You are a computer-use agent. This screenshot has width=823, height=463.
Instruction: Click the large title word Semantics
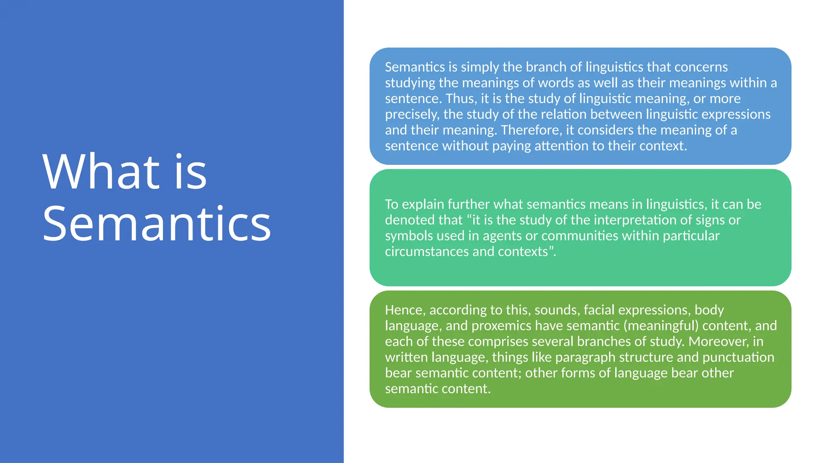[x=157, y=223]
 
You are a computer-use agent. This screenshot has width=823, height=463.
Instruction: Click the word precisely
[x=412, y=115]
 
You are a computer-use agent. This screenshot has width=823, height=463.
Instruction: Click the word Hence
[x=405, y=310]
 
